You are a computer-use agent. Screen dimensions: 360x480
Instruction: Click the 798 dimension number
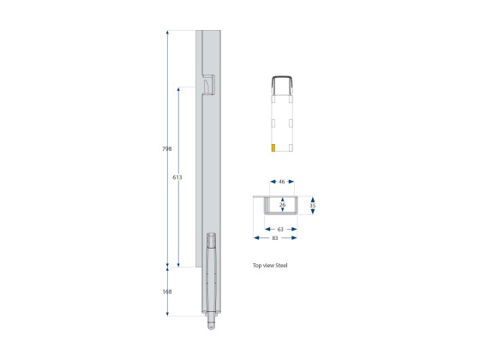(x=166, y=149)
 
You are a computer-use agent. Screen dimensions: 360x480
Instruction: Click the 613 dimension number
(x=177, y=177)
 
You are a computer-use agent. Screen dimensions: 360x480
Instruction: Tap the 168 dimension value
(x=166, y=291)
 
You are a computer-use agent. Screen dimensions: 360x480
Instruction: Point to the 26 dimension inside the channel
(x=282, y=205)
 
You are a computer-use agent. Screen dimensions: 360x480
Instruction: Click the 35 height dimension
(x=313, y=206)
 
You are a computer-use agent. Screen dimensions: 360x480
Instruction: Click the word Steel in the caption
(x=281, y=265)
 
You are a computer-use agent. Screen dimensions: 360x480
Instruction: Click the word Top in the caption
(x=257, y=265)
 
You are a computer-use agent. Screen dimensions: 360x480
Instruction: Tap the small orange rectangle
(x=273, y=148)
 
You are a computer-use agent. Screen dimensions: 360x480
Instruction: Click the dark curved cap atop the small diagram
(x=283, y=80)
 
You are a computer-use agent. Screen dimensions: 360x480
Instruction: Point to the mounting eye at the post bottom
(x=211, y=326)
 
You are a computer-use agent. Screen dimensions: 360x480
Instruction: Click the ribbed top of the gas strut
(x=212, y=240)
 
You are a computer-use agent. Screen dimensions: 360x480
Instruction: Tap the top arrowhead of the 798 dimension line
(x=168, y=33)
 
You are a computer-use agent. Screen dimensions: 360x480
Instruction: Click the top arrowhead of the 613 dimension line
(x=178, y=88)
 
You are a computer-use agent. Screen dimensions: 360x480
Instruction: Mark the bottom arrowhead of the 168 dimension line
(x=168, y=314)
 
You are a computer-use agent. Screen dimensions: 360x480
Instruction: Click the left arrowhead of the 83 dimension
(x=255, y=237)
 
